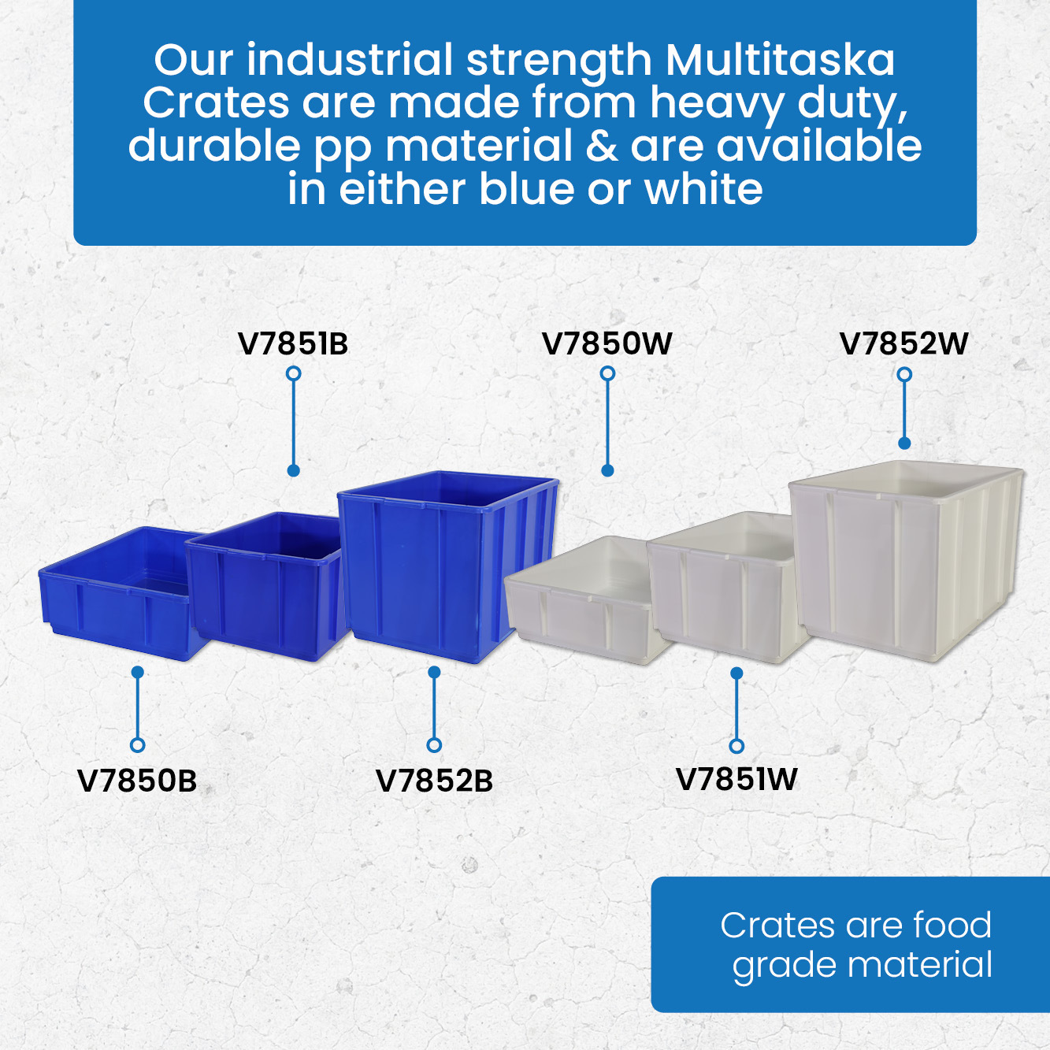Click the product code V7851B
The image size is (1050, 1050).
[x=293, y=343]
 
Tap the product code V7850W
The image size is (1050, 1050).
[x=607, y=343]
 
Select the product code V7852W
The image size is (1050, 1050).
[x=904, y=343]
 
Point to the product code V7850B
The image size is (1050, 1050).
[x=137, y=781]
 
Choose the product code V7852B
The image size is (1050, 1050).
[x=434, y=781]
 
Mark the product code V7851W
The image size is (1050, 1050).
[x=736, y=779]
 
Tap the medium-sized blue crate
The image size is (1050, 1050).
[x=267, y=586]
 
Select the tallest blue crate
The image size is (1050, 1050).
[x=448, y=566]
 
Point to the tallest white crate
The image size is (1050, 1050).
[x=906, y=562]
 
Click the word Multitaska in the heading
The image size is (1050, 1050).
[x=780, y=60]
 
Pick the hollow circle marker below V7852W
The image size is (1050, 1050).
[x=904, y=374]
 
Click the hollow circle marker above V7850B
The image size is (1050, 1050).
[x=137, y=745]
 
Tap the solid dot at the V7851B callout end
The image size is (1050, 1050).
[x=294, y=471]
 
